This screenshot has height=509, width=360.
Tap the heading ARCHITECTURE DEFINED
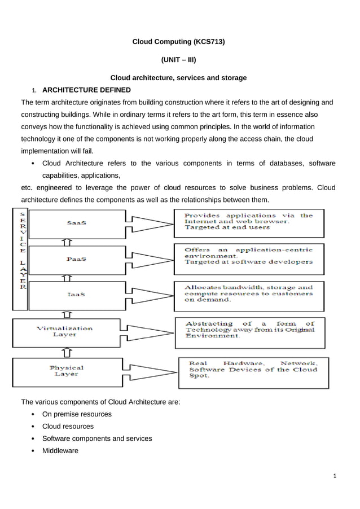click(x=86, y=90)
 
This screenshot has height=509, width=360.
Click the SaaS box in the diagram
click(x=76, y=223)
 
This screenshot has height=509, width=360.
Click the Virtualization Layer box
click(x=65, y=331)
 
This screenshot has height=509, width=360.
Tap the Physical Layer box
click(x=66, y=371)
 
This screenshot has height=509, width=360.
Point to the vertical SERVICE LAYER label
click(x=21, y=251)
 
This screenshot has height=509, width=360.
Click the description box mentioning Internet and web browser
click(x=249, y=222)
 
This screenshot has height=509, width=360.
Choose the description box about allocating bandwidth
click(x=249, y=294)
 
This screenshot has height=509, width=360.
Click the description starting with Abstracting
click(x=249, y=330)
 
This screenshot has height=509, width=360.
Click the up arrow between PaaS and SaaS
click(x=67, y=243)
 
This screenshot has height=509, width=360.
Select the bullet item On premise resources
click(x=77, y=414)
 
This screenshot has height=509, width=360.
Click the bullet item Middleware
click(x=60, y=451)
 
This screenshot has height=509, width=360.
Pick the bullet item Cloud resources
click(x=68, y=427)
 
